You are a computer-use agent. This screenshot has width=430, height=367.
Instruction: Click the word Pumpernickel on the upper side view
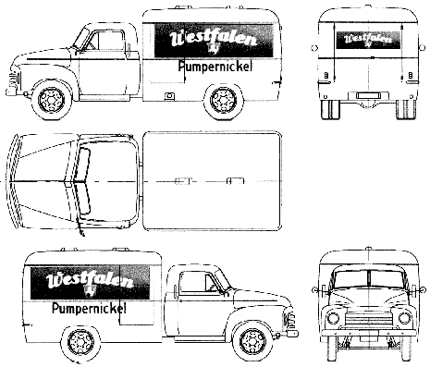point(215,67)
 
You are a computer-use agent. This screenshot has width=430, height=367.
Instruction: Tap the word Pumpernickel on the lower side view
point(90,308)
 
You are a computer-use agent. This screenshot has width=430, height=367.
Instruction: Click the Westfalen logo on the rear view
point(368,40)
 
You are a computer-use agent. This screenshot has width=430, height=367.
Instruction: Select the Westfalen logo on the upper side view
point(214,41)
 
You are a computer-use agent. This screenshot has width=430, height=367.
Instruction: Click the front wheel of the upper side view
point(51,100)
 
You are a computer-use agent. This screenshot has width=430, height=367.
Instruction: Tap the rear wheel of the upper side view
point(223,100)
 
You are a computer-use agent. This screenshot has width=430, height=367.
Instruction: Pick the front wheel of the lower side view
point(252,343)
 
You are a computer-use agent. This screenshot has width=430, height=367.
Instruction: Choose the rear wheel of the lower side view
point(80,343)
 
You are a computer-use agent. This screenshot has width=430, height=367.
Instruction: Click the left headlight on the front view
point(333,318)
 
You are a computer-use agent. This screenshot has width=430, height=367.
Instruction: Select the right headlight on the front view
point(404,318)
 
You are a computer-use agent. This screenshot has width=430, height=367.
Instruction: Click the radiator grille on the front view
point(368,319)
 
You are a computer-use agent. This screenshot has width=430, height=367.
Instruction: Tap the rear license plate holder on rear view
point(368,95)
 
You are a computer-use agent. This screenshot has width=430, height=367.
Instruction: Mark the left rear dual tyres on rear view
point(330,109)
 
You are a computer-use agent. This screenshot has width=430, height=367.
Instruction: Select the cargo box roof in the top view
point(213,181)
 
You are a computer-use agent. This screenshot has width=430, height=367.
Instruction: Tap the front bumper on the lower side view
point(291,333)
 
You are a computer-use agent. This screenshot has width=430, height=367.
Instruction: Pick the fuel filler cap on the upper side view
point(168,96)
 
